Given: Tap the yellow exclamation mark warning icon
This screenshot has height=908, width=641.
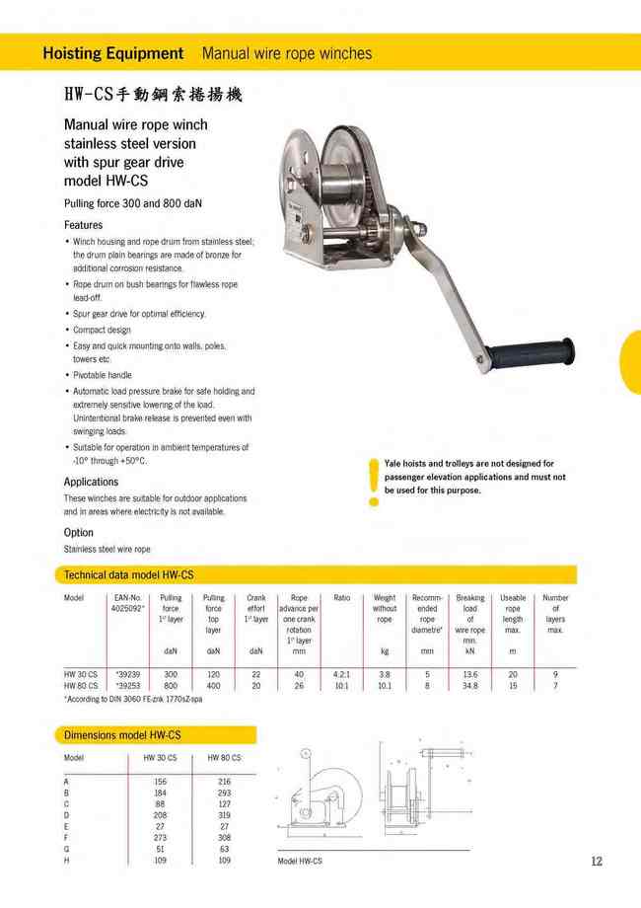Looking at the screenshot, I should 373,482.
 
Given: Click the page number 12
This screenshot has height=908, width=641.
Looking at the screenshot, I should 597,861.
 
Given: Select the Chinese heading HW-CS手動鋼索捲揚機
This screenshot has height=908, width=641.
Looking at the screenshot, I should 152,96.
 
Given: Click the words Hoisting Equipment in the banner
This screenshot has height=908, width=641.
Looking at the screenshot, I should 113,53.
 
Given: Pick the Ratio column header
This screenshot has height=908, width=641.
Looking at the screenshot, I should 341,598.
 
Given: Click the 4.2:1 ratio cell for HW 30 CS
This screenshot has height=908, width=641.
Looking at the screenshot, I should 341,674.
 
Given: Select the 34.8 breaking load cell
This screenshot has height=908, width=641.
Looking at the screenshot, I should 470,685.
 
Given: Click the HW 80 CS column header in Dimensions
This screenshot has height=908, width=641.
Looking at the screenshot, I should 224,758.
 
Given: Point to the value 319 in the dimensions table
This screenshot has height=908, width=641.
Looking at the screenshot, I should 224,815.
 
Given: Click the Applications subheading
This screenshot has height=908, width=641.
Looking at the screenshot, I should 91,482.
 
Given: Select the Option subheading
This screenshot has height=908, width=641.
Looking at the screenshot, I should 79,533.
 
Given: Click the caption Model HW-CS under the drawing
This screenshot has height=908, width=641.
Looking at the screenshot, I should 300,862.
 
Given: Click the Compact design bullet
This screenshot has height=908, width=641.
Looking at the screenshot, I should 102,330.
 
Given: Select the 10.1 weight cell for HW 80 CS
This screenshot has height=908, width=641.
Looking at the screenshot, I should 385,685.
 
